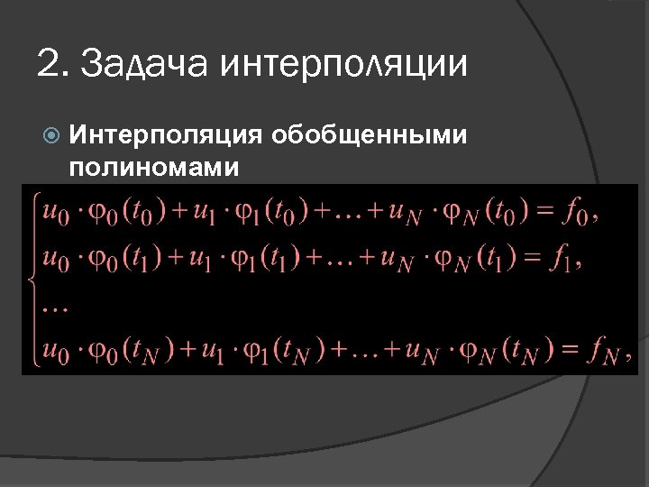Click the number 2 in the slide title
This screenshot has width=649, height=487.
point(48,64)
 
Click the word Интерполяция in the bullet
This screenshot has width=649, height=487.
point(165,136)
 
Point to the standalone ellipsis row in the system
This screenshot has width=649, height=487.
point(55,308)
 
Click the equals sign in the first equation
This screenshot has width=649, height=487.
point(541,214)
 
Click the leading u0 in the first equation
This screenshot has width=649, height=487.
point(55,216)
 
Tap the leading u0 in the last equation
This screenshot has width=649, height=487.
point(55,352)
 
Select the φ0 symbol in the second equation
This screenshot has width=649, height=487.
point(97,262)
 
